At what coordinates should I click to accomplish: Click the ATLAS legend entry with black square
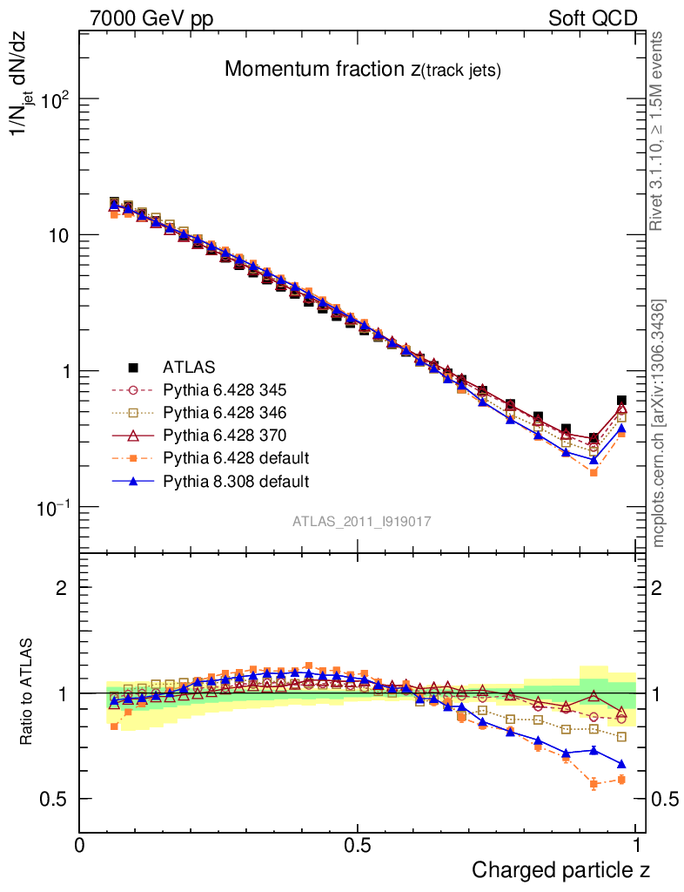pos(187,366)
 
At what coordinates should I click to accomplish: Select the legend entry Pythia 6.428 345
pos(231,389)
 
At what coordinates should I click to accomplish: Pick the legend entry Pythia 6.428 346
pos(231,412)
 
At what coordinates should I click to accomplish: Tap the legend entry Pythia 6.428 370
pos(231,435)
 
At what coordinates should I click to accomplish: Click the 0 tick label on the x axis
pos(80,845)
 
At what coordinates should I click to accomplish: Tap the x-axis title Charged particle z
pos(560,869)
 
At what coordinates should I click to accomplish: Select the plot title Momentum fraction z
pos(362,70)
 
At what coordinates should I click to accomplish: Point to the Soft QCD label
pos(593,18)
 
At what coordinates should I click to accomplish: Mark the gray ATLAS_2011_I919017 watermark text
pos(362,521)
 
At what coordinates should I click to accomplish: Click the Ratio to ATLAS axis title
pos(27,693)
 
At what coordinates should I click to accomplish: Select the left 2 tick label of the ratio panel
pos(62,588)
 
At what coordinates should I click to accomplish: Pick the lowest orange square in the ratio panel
pos(593,784)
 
